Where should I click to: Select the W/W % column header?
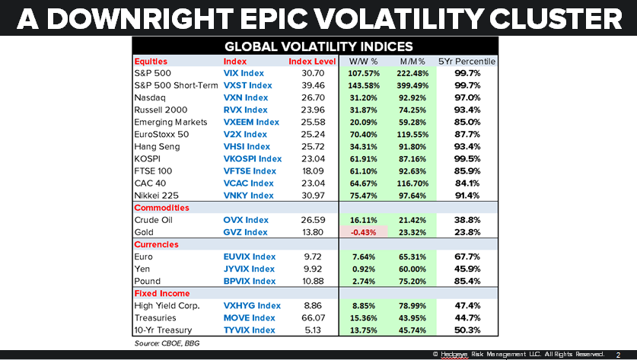point(363,61)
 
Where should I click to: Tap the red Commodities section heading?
point(161,208)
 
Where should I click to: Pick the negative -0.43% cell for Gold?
point(363,232)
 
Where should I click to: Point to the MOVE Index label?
point(249,317)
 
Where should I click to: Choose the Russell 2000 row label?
point(161,110)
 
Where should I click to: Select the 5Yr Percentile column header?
point(467,61)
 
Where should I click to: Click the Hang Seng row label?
point(156,146)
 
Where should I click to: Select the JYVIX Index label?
point(249,269)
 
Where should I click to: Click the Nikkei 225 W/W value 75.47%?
point(363,196)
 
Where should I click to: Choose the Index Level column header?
point(312,61)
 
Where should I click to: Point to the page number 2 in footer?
point(617,355)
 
